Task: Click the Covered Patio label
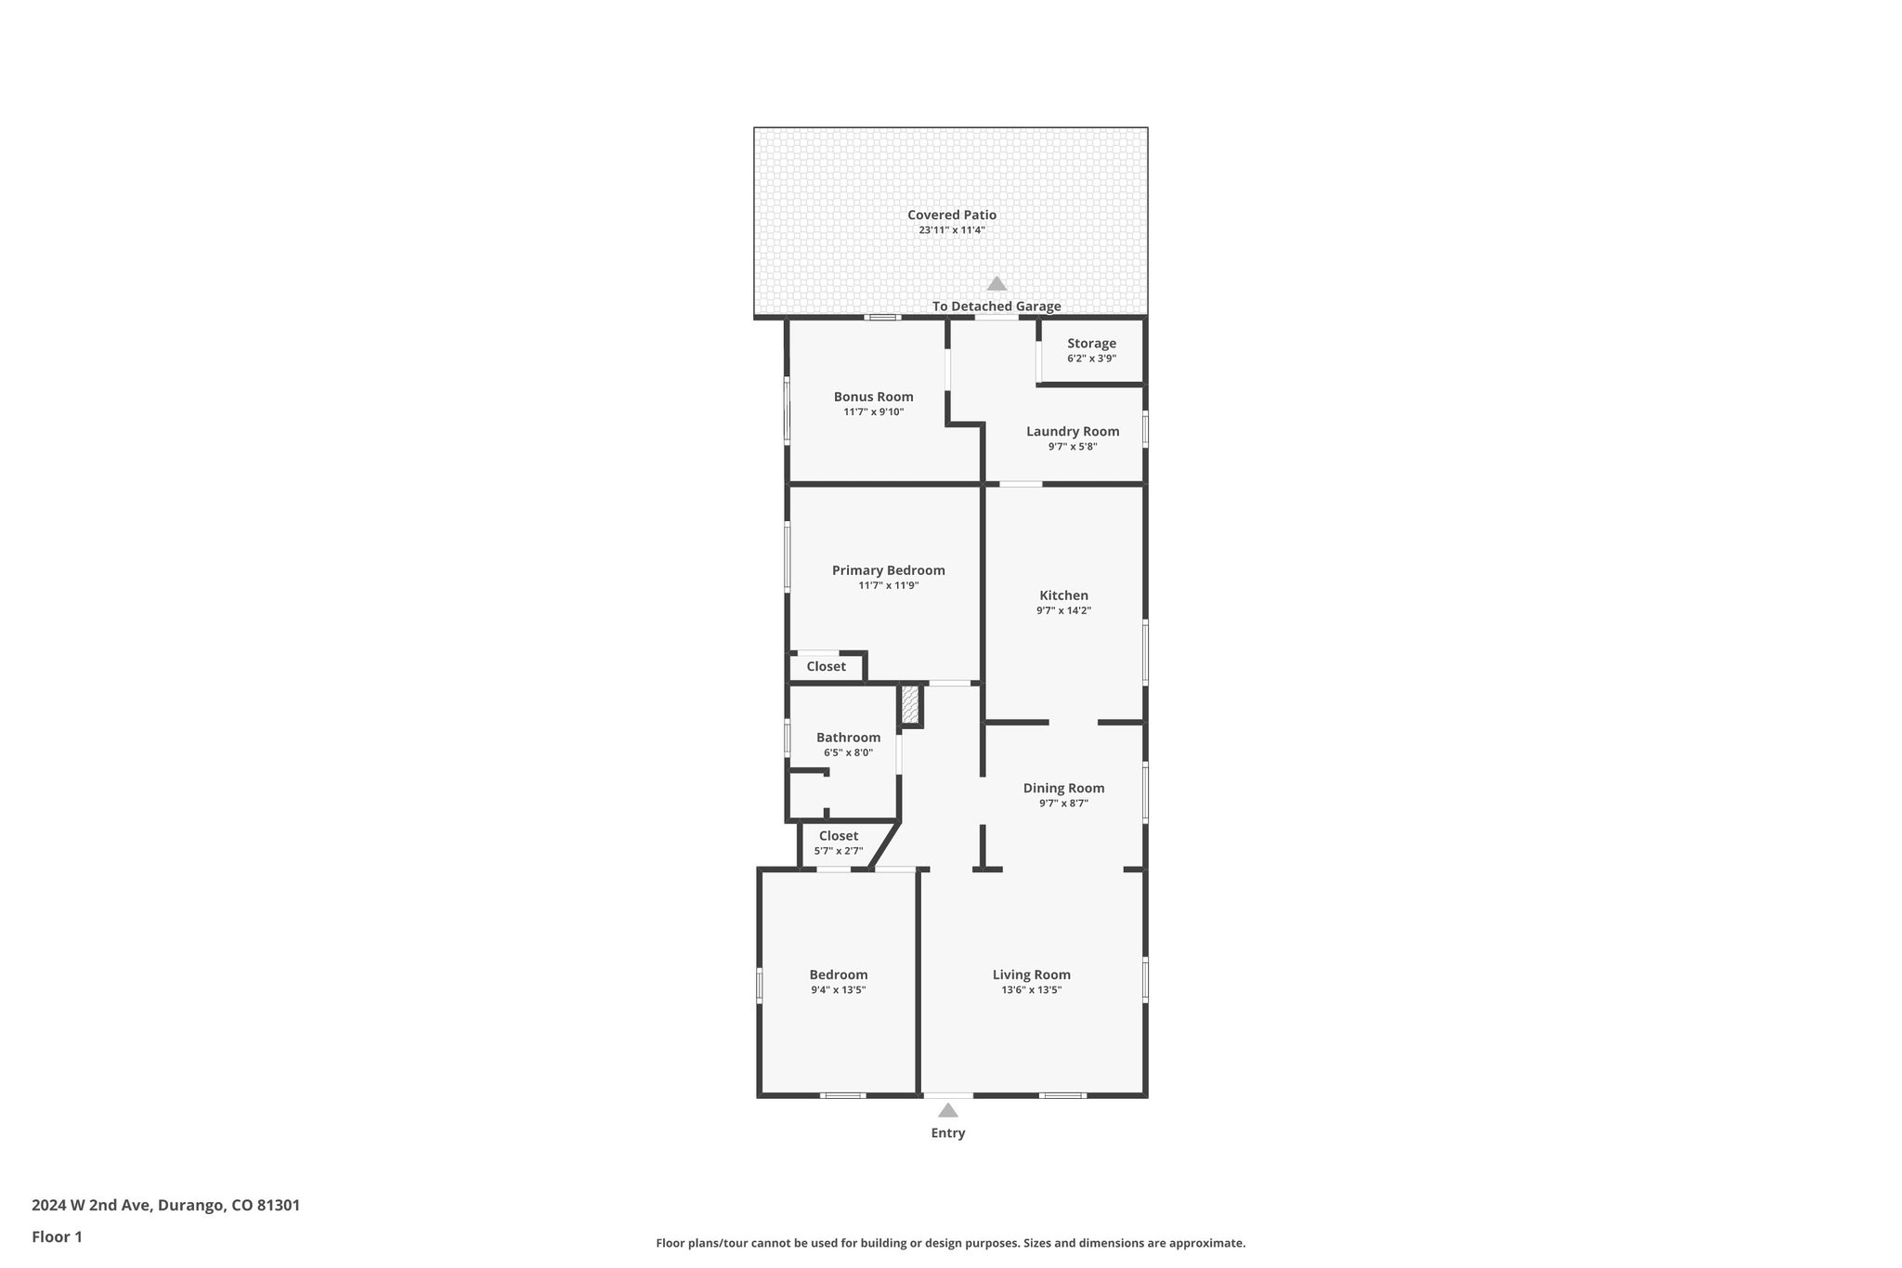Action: tap(951, 215)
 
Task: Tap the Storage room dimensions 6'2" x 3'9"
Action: tap(1091, 359)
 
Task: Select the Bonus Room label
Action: tap(873, 397)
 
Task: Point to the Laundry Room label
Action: tap(1073, 431)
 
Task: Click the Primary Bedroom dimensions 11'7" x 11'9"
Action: tap(888, 585)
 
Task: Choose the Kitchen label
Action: tap(1063, 595)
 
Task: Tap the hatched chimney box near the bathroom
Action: tap(911, 705)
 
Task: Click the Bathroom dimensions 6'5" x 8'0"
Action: tap(848, 752)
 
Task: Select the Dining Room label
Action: tap(1063, 788)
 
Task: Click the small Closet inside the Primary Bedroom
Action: tap(826, 666)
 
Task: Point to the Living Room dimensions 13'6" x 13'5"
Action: tap(1031, 989)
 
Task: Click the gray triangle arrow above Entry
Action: tap(947, 1110)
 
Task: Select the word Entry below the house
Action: tap(947, 1132)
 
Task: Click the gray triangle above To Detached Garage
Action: tap(997, 284)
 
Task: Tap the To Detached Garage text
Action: tap(997, 307)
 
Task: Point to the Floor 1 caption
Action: tap(57, 1236)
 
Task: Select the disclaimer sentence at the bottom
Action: tap(950, 1243)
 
